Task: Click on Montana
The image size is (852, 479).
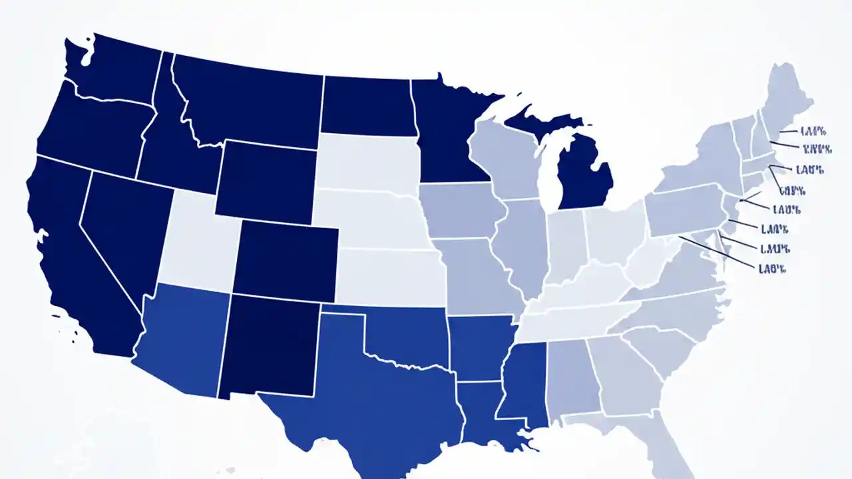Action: (x=253, y=100)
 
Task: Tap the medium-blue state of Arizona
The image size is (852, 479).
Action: (x=180, y=339)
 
